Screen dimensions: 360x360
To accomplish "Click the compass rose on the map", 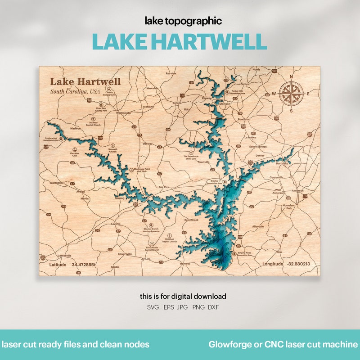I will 291,93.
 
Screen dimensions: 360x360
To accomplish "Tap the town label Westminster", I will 124,113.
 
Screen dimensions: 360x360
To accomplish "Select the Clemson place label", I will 225,103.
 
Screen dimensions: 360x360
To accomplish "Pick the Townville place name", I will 204,162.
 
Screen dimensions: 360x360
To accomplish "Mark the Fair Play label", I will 164,187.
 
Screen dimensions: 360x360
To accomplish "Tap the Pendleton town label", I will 244,119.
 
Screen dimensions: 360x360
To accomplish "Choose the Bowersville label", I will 125,254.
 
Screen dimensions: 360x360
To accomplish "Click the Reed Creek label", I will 191,220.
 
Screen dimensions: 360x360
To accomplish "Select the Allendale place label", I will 258,226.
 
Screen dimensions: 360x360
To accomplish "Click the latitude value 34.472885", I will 84,265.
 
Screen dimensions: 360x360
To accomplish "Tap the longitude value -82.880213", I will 298,264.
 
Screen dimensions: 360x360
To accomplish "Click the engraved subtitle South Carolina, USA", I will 75,92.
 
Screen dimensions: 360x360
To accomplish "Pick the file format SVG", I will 153,307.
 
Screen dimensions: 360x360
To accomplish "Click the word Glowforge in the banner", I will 228,345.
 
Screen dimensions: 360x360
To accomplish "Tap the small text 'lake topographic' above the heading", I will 183,21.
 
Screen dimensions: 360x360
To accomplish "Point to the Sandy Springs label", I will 258,147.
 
